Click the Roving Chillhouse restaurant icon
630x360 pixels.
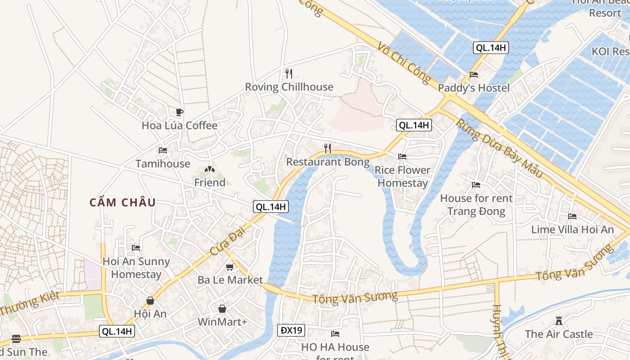click(289, 73)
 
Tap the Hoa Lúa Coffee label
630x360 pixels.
click(180, 126)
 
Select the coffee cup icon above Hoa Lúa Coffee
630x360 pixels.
click(180, 112)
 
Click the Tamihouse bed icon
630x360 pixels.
click(163, 150)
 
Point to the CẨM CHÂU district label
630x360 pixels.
click(122, 202)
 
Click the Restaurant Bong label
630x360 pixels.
click(328, 162)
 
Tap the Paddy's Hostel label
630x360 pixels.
click(474, 88)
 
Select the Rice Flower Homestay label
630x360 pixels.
click(402, 176)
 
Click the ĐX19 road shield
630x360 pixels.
click(291, 330)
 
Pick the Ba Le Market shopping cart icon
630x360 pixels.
click(230, 267)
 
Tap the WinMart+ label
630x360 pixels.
click(222, 322)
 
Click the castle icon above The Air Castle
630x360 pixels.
click(559, 321)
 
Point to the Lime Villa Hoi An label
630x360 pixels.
click(572, 229)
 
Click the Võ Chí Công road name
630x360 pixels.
click(404, 63)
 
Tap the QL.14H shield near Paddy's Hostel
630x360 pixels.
click(490, 48)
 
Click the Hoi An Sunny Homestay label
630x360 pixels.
click(136, 268)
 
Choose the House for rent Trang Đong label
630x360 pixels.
click(476, 205)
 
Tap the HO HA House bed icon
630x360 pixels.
click(335, 334)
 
